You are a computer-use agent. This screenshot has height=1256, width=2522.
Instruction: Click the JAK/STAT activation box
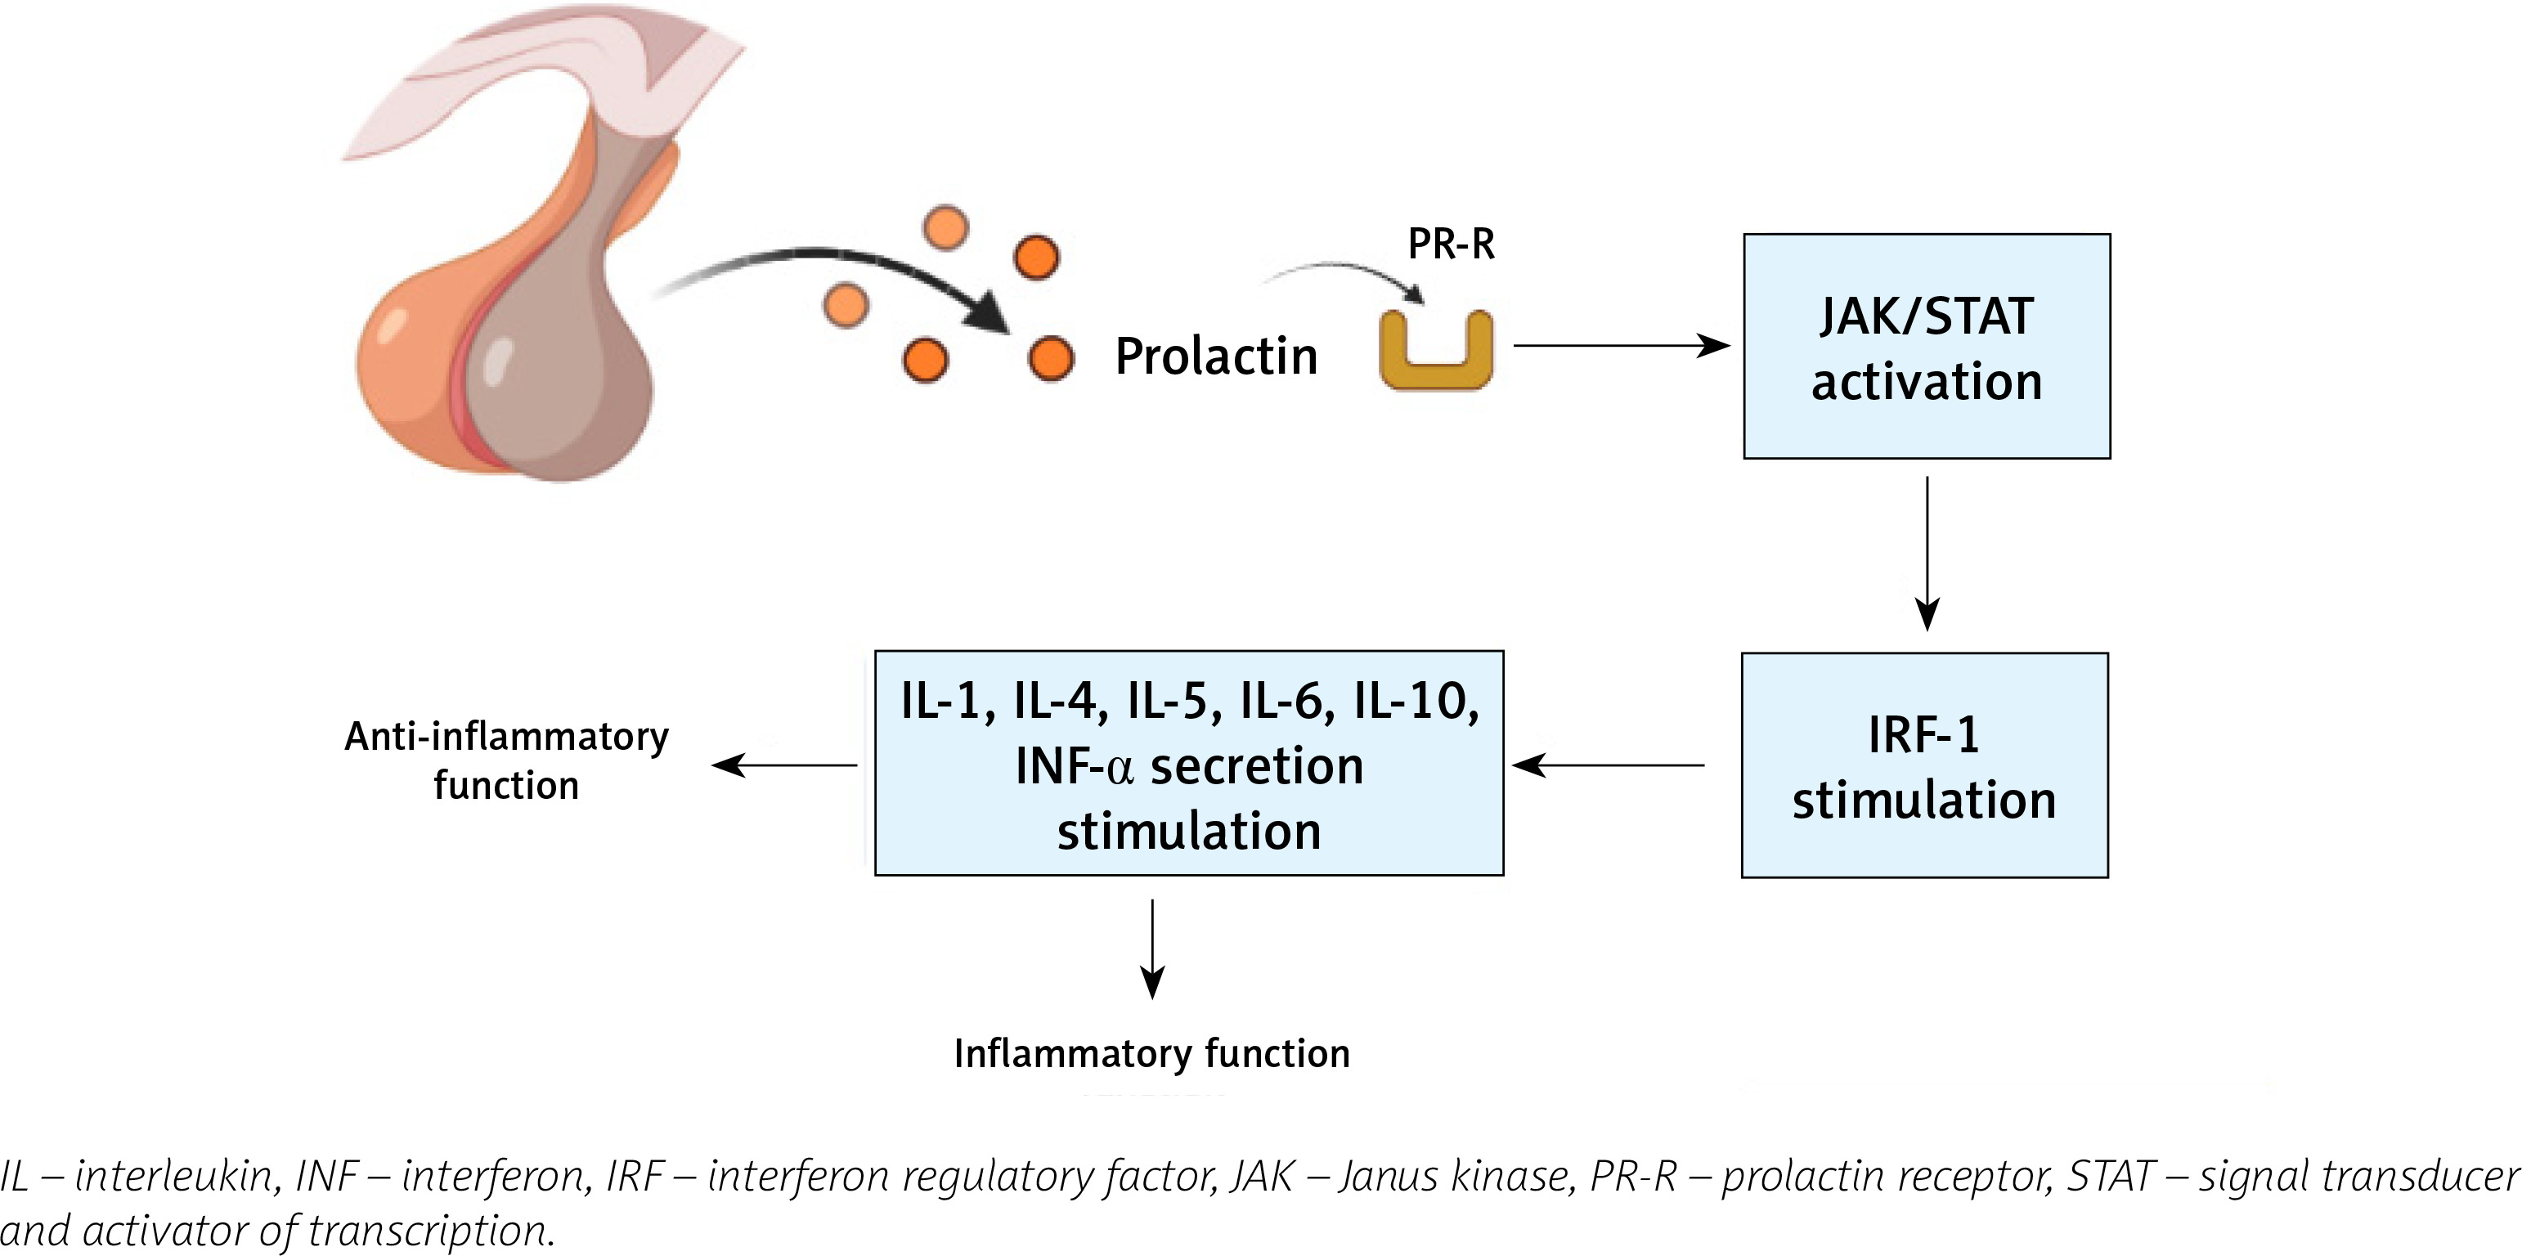click(x=1926, y=346)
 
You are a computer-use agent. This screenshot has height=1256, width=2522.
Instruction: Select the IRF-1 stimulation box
click(x=1924, y=765)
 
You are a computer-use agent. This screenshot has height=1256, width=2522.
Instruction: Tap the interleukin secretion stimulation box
click(x=1188, y=763)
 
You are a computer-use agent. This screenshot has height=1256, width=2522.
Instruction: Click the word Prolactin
click(x=1216, y=356)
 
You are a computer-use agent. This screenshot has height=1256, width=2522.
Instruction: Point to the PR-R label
click(x=1451, y=244)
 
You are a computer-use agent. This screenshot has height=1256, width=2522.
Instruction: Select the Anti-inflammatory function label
click(x=506, y=760)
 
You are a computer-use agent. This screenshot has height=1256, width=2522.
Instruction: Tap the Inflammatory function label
click(x=1151, y=1053)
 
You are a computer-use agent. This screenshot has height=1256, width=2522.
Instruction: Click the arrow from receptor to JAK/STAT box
click(x=1620, y=346)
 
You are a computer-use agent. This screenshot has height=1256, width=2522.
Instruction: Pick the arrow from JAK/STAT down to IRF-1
click(x=1927, y=553)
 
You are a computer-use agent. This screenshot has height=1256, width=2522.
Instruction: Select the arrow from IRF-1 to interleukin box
click(x=1609, y=765)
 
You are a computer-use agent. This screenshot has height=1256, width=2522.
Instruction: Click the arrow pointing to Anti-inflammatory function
click(x=784, y=765)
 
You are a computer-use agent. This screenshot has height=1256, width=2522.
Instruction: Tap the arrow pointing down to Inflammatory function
click(x=1152, y=948)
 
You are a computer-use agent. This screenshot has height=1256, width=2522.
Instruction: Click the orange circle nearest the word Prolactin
click(x=1051, y=358)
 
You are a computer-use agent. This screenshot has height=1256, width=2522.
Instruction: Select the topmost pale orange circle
click(x=945, y=227)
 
